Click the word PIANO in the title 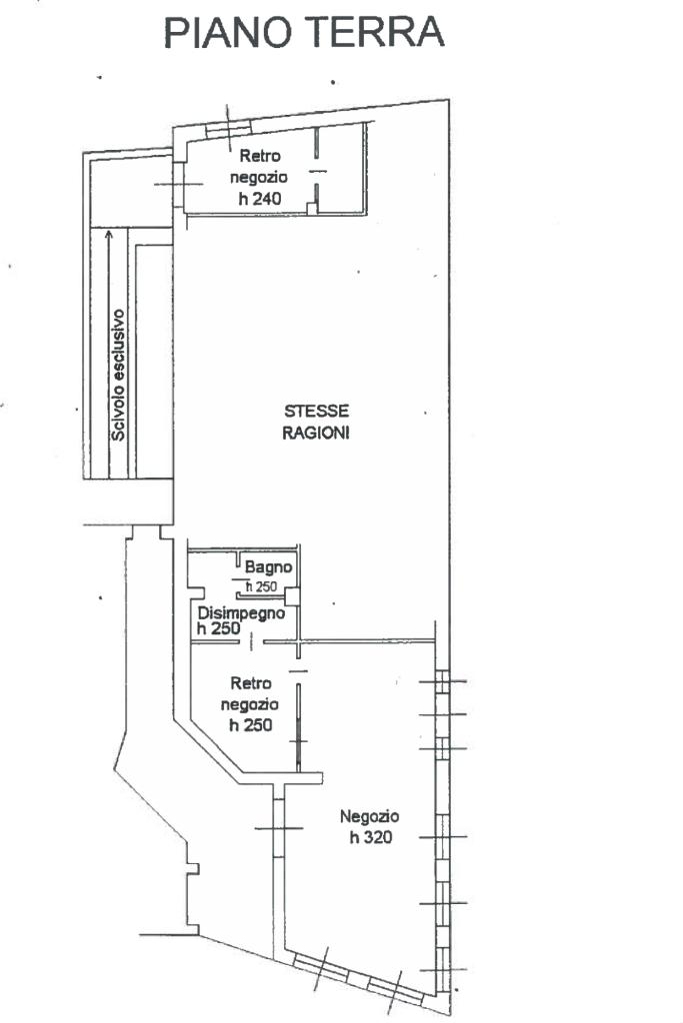pos(227,32)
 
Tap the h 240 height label pos(260,199)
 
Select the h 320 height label pos(371,837)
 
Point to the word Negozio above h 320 pos(370,816)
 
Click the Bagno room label pos(268,567)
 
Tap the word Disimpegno pos(241,613)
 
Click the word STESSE pos(317,411)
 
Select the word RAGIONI pos(316,433)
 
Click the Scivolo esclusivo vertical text pos(118,375)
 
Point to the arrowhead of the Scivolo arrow pos(109,232)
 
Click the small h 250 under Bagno pos(261,586)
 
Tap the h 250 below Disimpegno pos(219,628)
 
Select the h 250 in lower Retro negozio pos(251,725)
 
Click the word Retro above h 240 pos(260,156)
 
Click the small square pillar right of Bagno pos(292,596)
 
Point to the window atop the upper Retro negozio pos(228,129)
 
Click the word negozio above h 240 pos(259,177)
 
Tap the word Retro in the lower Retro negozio pos(251,683)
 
